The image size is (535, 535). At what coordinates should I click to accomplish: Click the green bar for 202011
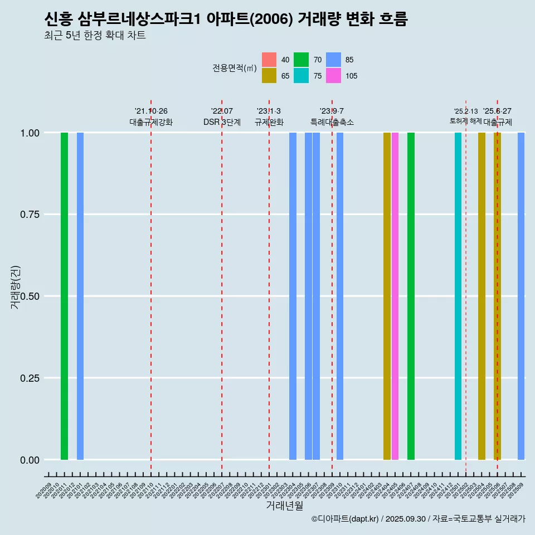[64, 296]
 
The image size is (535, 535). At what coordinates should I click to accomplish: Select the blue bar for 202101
[80, 296]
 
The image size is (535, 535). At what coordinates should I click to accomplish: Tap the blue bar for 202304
[293, 296]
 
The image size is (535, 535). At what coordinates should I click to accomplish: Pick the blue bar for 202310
[340, 296]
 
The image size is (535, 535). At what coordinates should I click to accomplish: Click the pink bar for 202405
[395, 296]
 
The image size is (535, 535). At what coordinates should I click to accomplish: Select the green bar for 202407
[411, 296]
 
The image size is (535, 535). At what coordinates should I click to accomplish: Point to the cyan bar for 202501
[458, 296]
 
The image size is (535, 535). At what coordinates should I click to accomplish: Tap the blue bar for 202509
[521, 296]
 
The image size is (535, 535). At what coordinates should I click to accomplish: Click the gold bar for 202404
[387, 296]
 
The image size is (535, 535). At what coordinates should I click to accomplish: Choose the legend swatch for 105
[333, 76]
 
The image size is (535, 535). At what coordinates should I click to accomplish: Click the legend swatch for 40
[269, 60]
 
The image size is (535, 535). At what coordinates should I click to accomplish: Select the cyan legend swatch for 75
[301, 76]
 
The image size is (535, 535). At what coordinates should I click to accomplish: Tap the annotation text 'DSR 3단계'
[222, 122]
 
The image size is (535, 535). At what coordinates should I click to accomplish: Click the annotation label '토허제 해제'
[466, 121]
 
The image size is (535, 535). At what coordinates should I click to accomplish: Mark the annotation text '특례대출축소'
[332, 122]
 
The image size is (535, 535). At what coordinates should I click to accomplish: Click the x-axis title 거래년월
[285, 505]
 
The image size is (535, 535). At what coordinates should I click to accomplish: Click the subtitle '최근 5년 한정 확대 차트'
[95, 36]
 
